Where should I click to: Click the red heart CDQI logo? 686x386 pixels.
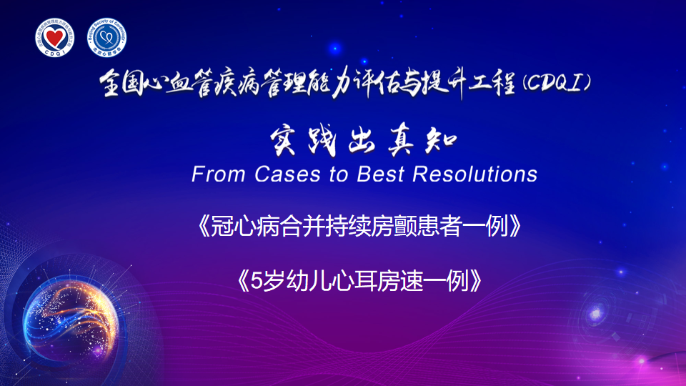click(x=55, y=38)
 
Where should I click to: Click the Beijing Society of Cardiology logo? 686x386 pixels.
click(x=106, y=38)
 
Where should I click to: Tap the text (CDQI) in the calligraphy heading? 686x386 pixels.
click(x=557, y=83)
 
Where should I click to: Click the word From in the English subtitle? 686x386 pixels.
click(x=218, y=174)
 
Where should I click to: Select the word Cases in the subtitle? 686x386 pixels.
click(x=287, y=174)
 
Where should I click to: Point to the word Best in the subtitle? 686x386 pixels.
click(x=380, y=174)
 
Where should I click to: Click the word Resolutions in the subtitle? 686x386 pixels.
click(x=475, y=174)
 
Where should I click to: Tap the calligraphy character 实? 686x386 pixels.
click(x=283, y=142)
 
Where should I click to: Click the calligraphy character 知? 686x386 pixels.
click(x=441, y=142)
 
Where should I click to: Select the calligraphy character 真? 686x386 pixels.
click(x=401, y=142)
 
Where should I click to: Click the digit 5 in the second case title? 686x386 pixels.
click(x=256, y=281)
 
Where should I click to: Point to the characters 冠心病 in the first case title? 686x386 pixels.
click(x=244, y=227)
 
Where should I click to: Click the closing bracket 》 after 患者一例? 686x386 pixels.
click(x=515, y=227)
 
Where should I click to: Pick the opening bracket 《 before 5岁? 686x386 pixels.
click(x=243, y=281)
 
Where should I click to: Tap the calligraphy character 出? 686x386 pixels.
click(x=362, y=142)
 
